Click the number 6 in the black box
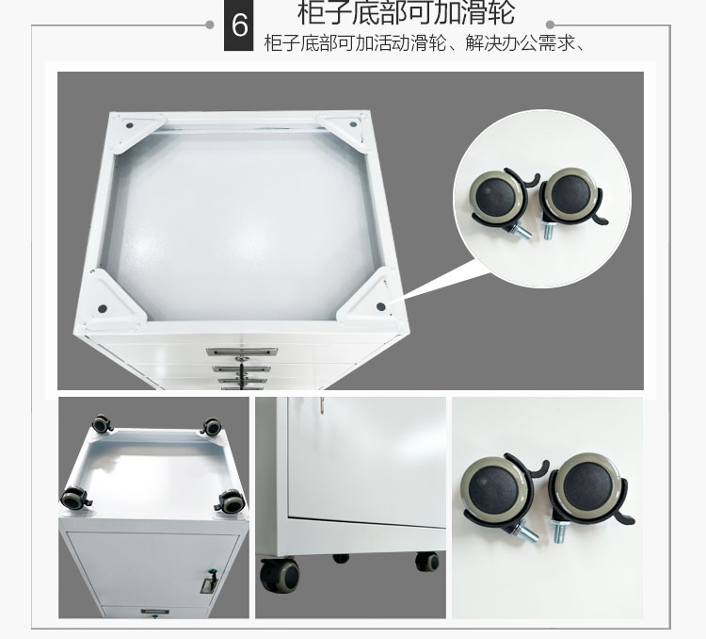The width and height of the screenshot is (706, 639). (x=239, y=25)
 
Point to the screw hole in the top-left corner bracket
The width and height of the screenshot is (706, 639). (x=129, y=125)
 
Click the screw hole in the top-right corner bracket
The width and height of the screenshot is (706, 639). (x=353, y=124)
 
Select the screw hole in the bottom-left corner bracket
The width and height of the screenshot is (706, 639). (x=103, y=309)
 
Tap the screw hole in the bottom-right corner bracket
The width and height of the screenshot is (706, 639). (x=381, y=306)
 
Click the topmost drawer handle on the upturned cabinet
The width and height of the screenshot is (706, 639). (x=241, y=352)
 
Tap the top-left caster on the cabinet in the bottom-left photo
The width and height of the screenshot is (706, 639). (x=102, y=424)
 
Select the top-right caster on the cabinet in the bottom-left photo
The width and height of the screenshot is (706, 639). (x=211, y=427)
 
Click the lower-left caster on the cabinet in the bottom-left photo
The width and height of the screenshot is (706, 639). (x=75, y=499)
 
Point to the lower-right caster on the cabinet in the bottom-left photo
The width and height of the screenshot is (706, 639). (x=231, y=501)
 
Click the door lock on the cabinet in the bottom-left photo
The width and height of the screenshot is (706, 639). (x=210, y=582)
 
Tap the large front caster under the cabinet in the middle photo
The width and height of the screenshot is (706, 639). (x=280, y=575)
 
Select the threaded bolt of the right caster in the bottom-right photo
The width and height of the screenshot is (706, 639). (x=559, y=531)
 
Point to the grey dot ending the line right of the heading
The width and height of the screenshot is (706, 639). (x=551, y=25)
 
